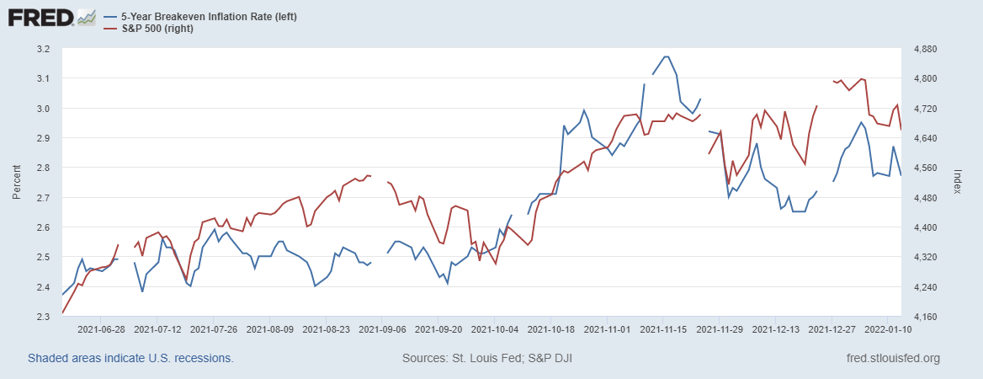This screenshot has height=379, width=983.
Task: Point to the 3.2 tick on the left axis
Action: tap(44, 49)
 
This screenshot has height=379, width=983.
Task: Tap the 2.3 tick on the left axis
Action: tap(44, 317)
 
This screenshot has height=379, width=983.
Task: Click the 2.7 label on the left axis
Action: tap(44, 198)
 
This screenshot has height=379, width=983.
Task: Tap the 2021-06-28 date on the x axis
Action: tap(101, 330)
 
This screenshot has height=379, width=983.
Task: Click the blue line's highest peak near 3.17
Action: tap(666, 56)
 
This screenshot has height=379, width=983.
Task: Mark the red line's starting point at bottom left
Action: tap(63, 313)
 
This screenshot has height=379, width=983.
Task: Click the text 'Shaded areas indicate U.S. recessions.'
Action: tap(130, 359)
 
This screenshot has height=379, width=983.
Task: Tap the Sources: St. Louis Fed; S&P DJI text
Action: tap(488, 359)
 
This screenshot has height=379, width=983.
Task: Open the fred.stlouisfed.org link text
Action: tap(892, 359)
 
